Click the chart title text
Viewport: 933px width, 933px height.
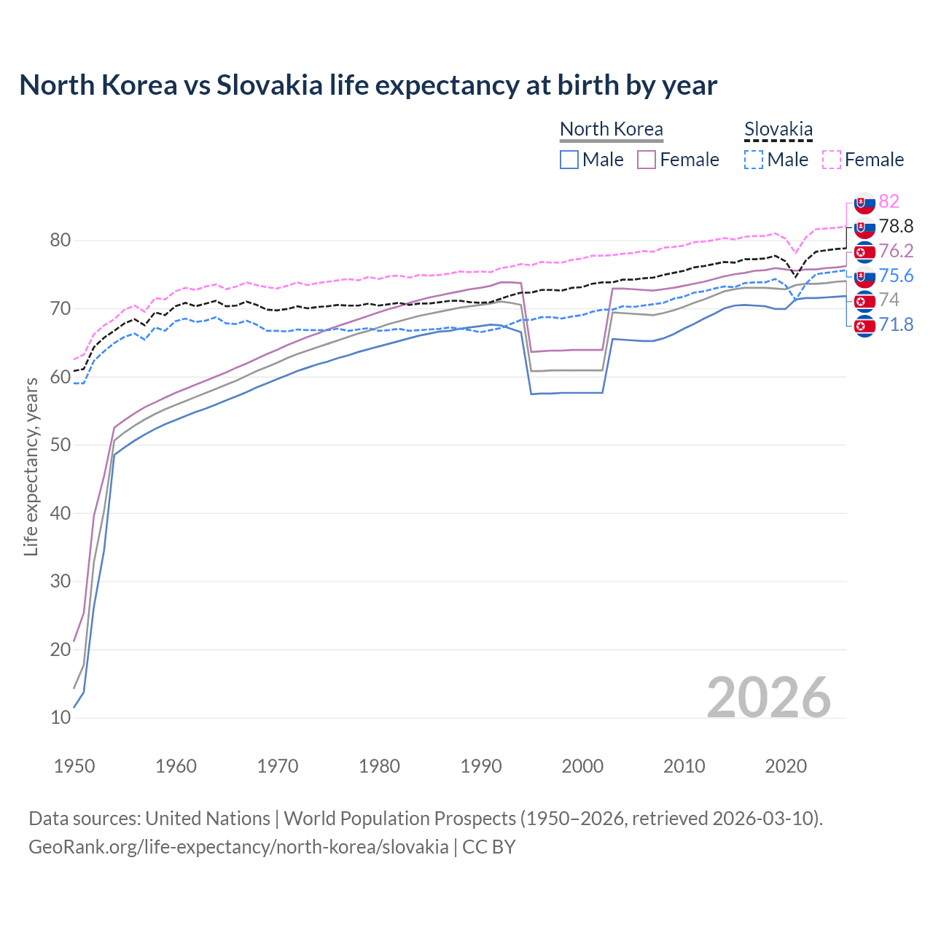(368, 85)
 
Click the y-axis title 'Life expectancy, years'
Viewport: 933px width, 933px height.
(31, 466)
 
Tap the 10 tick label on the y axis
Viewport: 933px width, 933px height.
(60, 717)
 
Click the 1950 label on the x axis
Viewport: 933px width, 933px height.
(74, 766)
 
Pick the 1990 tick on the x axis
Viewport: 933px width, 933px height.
(481, 766)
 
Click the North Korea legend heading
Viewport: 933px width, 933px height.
(611, 129)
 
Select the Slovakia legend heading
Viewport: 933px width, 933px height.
(778, 129)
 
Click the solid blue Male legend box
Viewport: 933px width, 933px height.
(569, 160)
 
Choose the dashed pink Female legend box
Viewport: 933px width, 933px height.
(832, 160)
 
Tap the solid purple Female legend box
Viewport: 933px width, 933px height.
(647, 160)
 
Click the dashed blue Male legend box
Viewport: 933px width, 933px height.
(754, 160)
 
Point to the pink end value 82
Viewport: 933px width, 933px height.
(889, 201)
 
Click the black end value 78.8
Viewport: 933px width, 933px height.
(896, 226)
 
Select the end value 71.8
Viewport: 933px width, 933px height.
(896, 324)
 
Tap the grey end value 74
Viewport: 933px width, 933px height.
(889, 300)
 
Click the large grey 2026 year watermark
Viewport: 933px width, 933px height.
(769, 698)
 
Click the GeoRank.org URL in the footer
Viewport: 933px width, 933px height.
(238, 847)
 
